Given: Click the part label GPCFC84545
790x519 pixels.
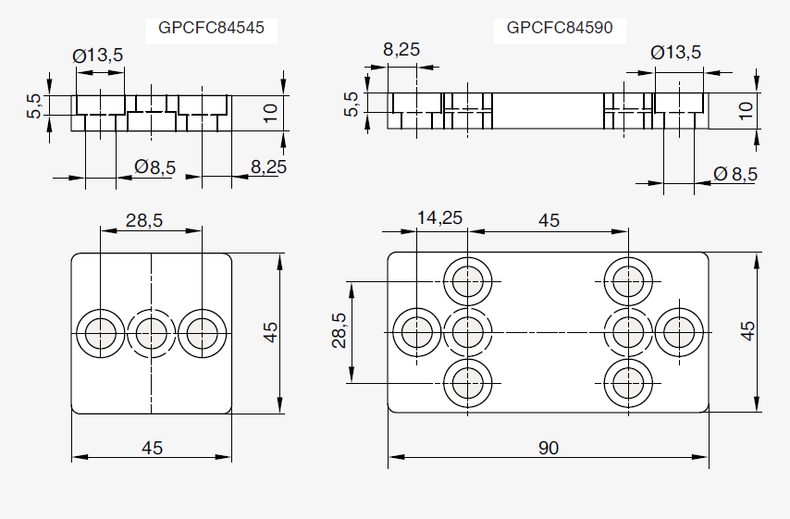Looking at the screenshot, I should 212,28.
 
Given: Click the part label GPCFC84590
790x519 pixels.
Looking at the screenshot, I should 560,28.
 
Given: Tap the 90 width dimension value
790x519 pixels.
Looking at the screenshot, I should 549,448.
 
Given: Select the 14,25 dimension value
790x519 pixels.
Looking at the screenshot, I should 439,218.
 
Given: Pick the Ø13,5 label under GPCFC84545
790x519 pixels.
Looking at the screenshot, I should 98,56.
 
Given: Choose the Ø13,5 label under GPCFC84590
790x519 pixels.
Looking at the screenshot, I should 676,53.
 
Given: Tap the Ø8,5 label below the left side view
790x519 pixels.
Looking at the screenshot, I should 154,167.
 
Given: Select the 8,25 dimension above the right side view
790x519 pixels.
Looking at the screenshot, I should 402,50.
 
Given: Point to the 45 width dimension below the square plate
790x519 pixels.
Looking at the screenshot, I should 152,448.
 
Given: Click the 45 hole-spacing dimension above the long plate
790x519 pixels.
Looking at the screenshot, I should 549,220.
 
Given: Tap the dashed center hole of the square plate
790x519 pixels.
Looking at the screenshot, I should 151,331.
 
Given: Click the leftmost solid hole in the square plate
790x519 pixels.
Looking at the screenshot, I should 100,331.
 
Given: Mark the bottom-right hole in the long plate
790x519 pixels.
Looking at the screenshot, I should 628,381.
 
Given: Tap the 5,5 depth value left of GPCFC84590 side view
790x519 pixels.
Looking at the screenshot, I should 351,105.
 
